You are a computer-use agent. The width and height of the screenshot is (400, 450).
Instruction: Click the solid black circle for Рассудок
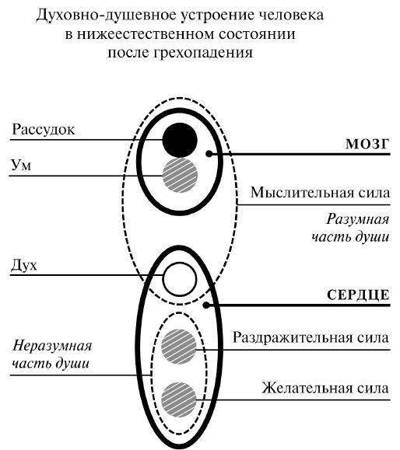click(x=179, y=140)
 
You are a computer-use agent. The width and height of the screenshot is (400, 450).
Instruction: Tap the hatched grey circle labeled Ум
click(x=179, y=175)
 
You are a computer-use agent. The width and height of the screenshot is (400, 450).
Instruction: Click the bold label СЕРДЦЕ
click(x=354, y=295)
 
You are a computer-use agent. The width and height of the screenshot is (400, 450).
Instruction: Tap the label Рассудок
click(x=44, y=129)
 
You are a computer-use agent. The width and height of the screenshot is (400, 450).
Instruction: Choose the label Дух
click(x=26, y=265)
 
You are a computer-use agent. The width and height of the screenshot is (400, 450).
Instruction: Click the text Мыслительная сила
click(x=318, y=193)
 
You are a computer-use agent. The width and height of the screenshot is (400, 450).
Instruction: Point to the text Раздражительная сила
click(x=311, y=337)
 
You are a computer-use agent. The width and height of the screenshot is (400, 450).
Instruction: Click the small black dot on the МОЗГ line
click(x=209, y=154)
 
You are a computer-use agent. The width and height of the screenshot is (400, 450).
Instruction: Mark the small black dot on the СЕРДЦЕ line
click(x=205, y=305)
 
